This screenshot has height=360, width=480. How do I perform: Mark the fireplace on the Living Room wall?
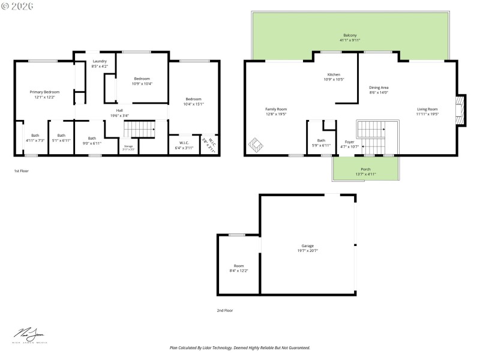click(x=460, y=111)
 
